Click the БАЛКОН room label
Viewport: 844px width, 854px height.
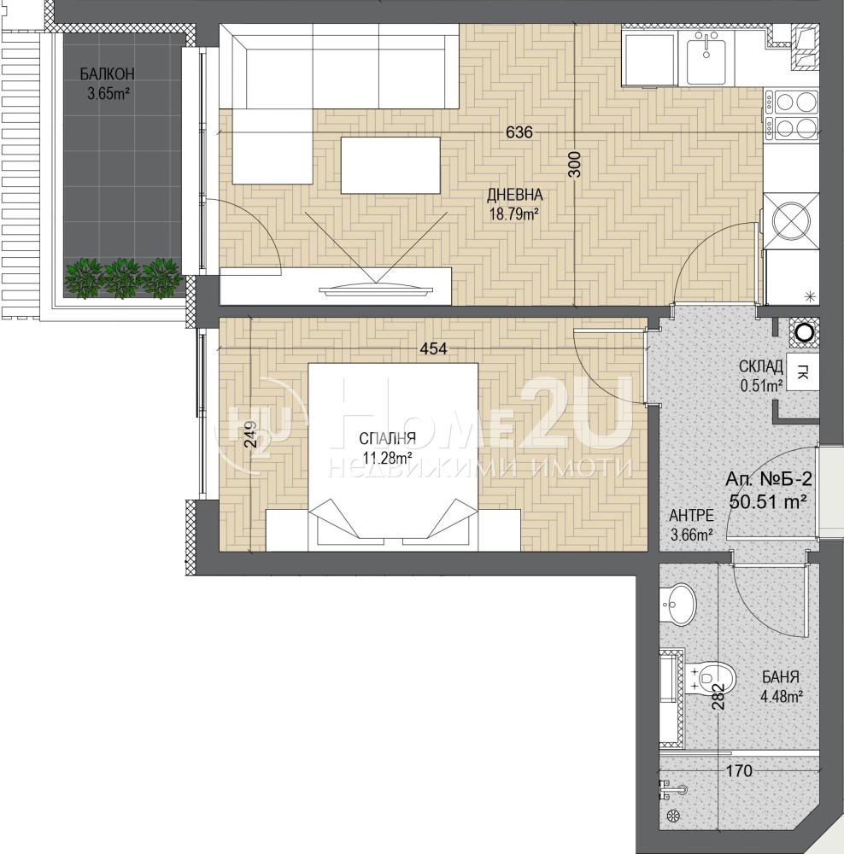point(107,73)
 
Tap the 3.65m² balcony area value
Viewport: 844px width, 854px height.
point(108,94)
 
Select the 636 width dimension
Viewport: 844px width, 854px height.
point(519,132)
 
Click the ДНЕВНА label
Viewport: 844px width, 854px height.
point(514,195)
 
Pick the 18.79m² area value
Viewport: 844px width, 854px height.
point(514,213)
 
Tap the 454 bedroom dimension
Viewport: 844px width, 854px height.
point(434,348)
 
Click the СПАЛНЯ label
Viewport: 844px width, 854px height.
point(388,438)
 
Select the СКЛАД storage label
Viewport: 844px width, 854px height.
point(760,366)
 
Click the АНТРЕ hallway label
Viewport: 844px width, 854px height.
point(691,515)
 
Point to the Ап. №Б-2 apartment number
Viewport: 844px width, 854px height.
point(768,479)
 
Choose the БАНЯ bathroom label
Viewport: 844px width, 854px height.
point(781,677)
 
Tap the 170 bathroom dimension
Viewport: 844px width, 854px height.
point(740,770)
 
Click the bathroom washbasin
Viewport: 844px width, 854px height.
point(677,604)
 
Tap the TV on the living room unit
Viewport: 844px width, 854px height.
point(374,288)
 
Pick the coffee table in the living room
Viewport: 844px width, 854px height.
point(390,165)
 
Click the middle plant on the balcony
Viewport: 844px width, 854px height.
point(121,278)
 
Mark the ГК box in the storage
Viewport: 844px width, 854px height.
point(803,373)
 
